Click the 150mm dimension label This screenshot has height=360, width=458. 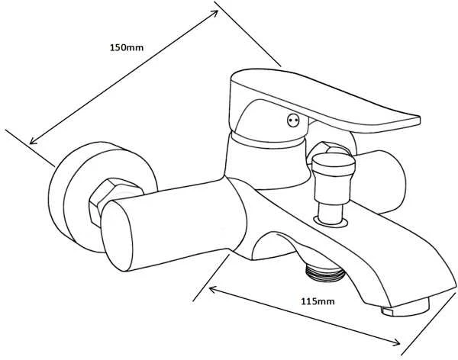click(127, 47)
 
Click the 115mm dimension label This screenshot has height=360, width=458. click(318, 301)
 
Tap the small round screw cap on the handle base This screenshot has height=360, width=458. click(293, 120)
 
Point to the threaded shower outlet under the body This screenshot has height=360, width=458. click(325, 271)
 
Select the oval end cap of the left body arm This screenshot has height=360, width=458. click(117, 236)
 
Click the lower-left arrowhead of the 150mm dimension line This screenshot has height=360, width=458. click(33, 141)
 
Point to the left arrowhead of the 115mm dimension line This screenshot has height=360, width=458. click(213, 289)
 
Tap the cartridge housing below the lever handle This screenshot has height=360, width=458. click(267, 163)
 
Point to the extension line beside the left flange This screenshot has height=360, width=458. click(30, 148)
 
